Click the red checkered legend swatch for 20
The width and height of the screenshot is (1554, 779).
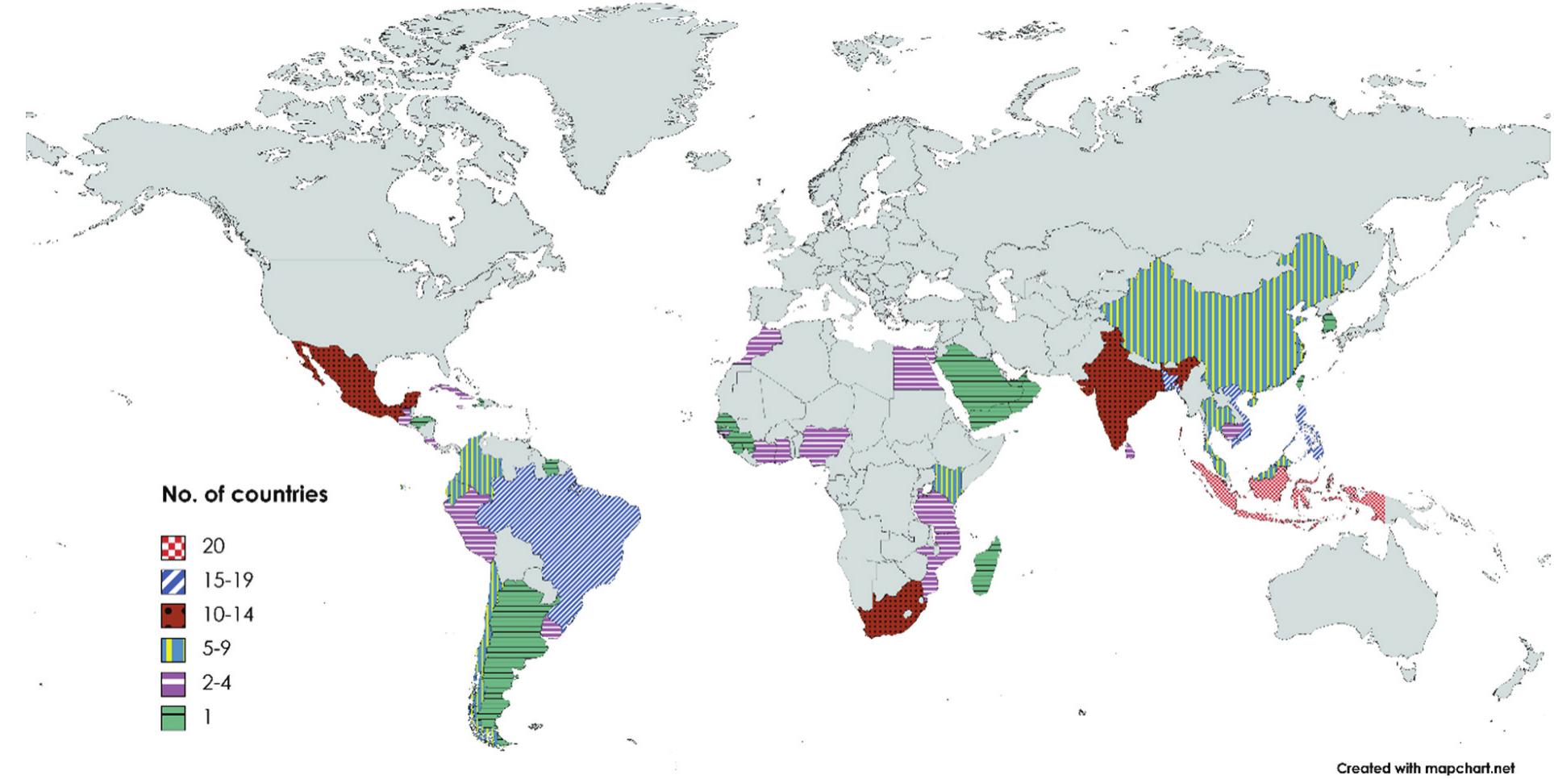(173, 547)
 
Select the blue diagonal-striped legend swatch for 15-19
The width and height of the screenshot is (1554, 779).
(173, 581)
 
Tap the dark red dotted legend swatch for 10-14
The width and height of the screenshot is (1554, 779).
(173, 615)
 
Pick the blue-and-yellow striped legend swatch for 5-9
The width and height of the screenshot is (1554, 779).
(173, 649)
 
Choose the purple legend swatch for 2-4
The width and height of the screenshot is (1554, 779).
(173, 683)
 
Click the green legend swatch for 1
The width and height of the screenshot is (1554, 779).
(173, 717)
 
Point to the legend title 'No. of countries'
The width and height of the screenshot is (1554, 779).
(244, 494)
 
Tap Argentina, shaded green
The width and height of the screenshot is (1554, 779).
(508, 645)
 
